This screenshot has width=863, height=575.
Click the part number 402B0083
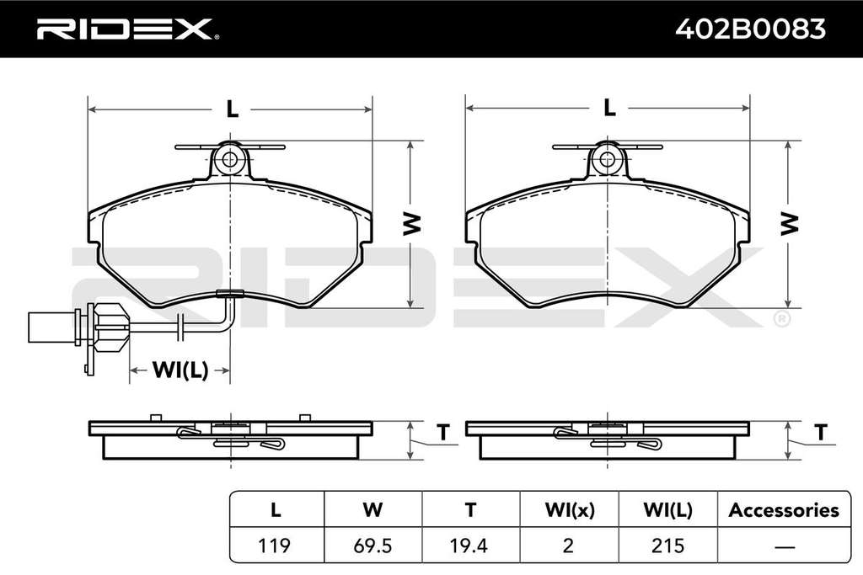(751, 29)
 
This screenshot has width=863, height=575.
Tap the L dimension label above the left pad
(233, 109)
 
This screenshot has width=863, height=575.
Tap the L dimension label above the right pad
(609, 107)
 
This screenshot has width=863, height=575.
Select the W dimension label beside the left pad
(411, 224)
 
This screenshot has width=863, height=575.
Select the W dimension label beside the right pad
(789, 224)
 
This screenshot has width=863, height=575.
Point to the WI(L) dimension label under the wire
(180, 370)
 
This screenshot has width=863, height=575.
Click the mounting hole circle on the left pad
(230, 160)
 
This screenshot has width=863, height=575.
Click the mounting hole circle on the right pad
(607, 159)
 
